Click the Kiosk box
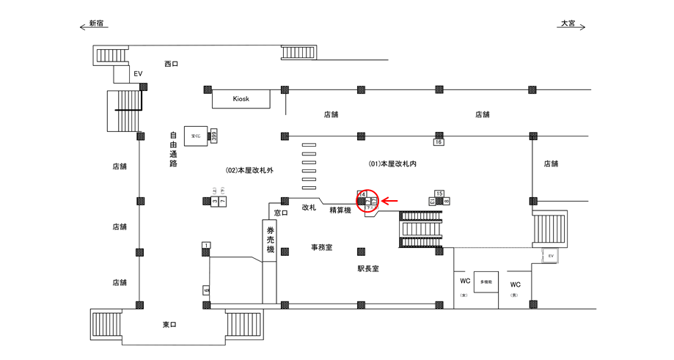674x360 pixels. click(241, 99)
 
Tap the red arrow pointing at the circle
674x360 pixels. click(389, 199)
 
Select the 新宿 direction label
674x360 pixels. click(95, 23)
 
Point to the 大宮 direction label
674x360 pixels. click(569, 23)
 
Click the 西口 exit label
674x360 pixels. click(171, 65)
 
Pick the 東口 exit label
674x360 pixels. click(170, 325)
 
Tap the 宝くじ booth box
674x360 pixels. click(196, 136)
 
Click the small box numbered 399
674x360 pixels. click(214, 136)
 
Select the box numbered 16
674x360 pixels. click(439, 142)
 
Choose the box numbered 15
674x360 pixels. click(439, 194)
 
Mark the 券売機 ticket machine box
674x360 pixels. click(270, 239)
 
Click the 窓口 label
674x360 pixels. click(280, 213)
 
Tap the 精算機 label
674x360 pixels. click(340, 211)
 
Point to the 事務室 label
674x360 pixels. click(321, 248)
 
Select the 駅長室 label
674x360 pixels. click(368, 269)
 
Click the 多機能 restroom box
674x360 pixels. click(486, 282)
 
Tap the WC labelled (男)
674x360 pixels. click(516, 285)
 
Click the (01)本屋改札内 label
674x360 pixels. click(392, 164)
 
